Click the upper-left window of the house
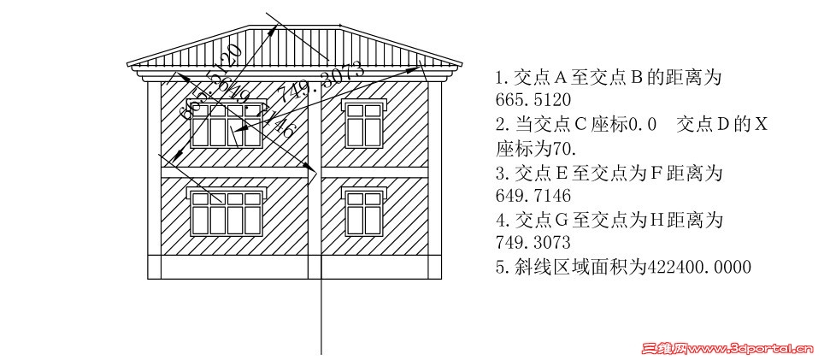point(226,125)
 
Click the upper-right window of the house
point(363,123)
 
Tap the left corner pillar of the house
point(154,180)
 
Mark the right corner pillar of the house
point(433,180)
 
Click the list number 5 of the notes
point(500,268)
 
